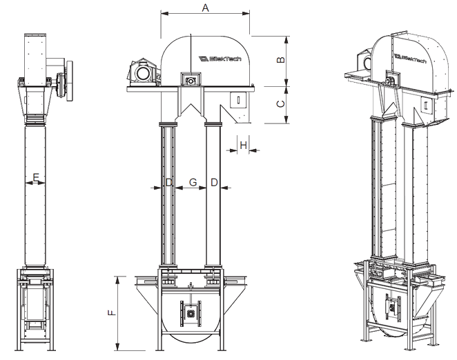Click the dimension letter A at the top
[x=206, y=8]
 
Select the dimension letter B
[x=280, y=59]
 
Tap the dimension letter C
[x=280, y=103]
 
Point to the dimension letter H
[x=244, y=145]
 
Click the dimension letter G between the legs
[x=193, y=182]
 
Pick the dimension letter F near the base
[x=112, y=313]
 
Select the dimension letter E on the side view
[x=36, y=177]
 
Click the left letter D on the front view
[x=169, y=183]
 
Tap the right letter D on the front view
[x=214, y=183]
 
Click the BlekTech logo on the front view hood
[x=220, y=59]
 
